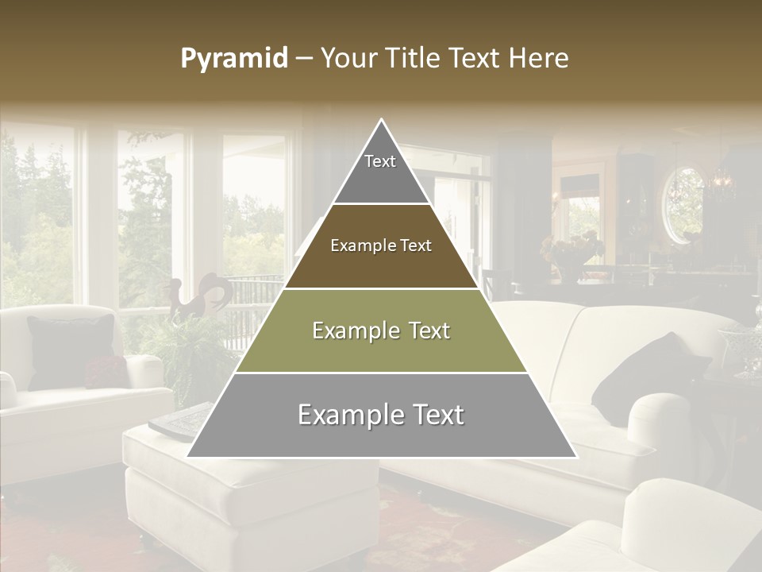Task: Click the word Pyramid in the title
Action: pos(233,59)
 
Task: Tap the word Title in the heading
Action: pos(414,59)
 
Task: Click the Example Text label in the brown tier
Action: pos(381,246)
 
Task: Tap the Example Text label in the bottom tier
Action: pos(381,415)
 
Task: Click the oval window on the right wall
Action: pos(683,204)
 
